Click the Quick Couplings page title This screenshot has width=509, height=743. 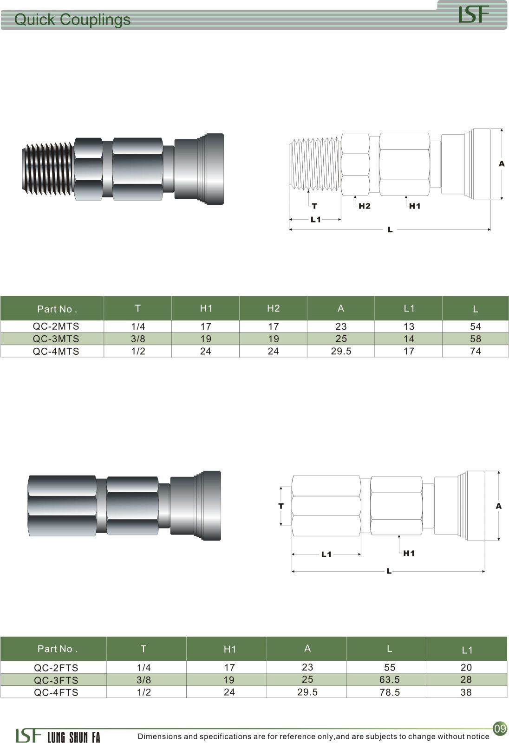pyautogui.click(x=72, y=20)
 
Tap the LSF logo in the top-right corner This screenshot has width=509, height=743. pyautogui.click(x=474, y=14)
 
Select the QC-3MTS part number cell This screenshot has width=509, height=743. pyautogui.click(x=56, y=339)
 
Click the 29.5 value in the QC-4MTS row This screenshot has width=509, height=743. pyautogui.click(x=341, y=351)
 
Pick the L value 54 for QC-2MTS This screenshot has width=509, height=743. pyautogui.click(x=475, y=326)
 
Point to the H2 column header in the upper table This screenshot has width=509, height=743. pyautogui.click(x=274, y=308)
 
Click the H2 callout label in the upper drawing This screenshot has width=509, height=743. pyautogui.click(x=364, y=206)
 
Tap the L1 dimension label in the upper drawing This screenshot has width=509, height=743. pyautogui.click(x=315, y=219)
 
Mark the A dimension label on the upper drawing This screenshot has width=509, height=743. pyautogui.click(x=502, y=164)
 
